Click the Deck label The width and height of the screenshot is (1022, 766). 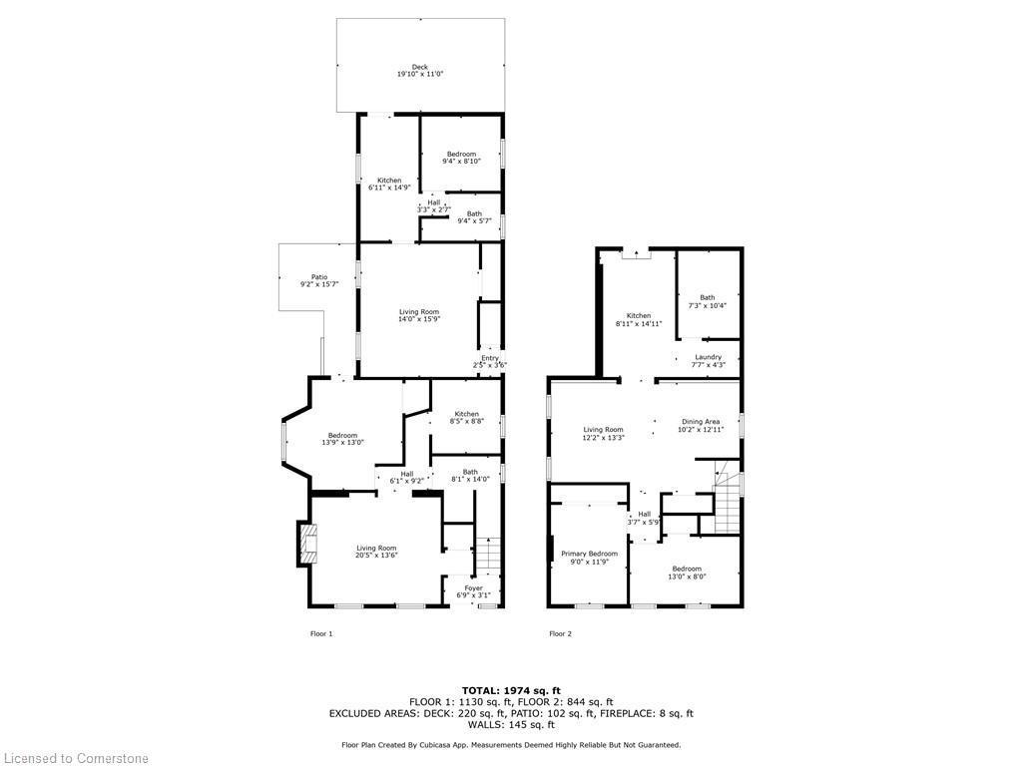click(419, 68)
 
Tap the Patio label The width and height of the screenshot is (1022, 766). click(318, 277)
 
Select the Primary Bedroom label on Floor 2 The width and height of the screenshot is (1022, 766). click(589, 554)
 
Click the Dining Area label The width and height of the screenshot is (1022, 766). click(699, 422)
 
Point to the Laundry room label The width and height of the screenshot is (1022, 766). click(708, 357)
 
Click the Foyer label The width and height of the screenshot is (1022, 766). click(473, 588)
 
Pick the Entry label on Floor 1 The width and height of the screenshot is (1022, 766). click(490, 359)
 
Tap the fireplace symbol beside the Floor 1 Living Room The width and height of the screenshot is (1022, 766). click(303, 544)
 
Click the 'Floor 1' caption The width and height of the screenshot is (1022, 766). click(321, 633)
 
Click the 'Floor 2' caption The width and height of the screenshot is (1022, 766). click(561, 633)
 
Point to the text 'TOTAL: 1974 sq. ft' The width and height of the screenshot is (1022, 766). click(511, 690)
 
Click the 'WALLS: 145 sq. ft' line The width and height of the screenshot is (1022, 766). click(511, 725)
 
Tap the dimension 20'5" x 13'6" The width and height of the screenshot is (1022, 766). click(377, 556)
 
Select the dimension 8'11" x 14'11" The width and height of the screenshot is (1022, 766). click(639, 324)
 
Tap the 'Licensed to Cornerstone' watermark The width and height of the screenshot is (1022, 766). click(75, 758)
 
